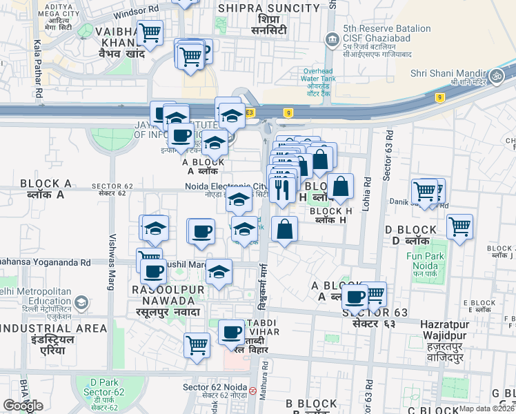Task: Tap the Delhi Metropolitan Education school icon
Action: (x=81, y=302)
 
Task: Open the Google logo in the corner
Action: (x=23, y=406)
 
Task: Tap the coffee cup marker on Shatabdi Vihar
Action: (x=231, y=333)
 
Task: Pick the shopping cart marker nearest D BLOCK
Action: (x=459, y=226)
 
